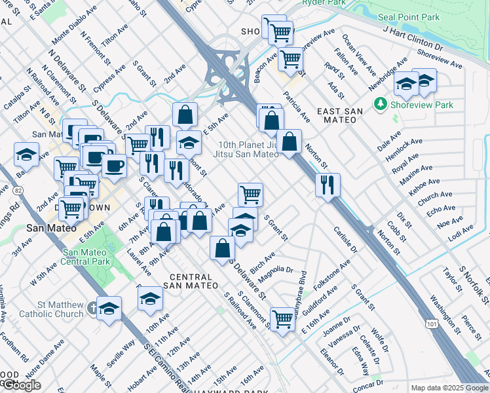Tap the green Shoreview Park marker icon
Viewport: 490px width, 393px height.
click(379, 104)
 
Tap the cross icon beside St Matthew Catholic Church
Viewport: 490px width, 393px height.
click(93, 307)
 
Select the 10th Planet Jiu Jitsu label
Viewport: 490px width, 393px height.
click(246, 149)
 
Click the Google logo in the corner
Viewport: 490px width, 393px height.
click(20, 385)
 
